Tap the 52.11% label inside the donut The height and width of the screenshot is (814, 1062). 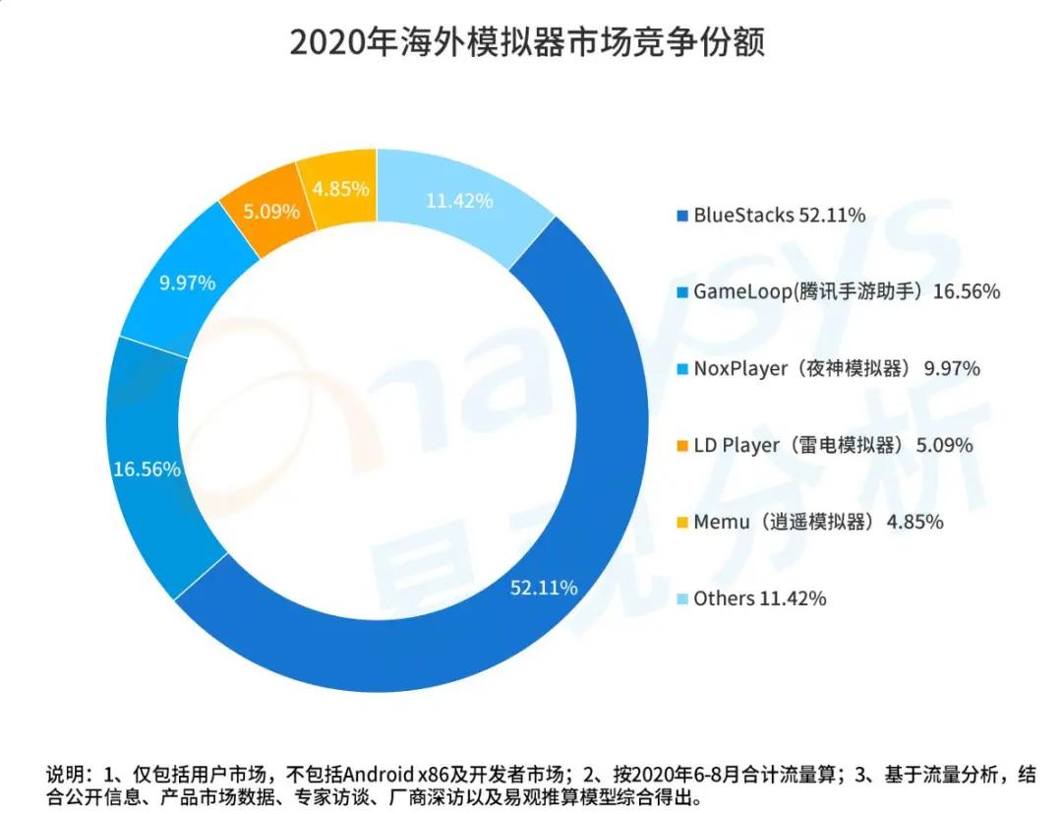pyautogui.click(x=543, y=589)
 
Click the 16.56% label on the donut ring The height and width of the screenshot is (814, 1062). pyautogui.click(x=147, y=470)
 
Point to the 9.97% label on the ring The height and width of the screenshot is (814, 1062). pyautogui.click(x=187, y=283)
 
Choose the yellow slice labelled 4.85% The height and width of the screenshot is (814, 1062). pyautogui.click(x=339, y=187)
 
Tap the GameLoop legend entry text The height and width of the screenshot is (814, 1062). pyautogui.click(x=847, y=291)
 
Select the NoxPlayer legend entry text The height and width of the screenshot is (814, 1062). pyautogui.click(x=837, y=368)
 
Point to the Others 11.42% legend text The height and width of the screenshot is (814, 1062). pyautogui.click(x=759, y=598)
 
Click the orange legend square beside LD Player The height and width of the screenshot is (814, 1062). pyautogui.click(x=681, y=446)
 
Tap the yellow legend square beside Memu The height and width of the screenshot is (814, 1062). pyautogui.click(x=681, y=523)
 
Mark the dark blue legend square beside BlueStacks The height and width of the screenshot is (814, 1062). pyautogui.click(x=681, y=216)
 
